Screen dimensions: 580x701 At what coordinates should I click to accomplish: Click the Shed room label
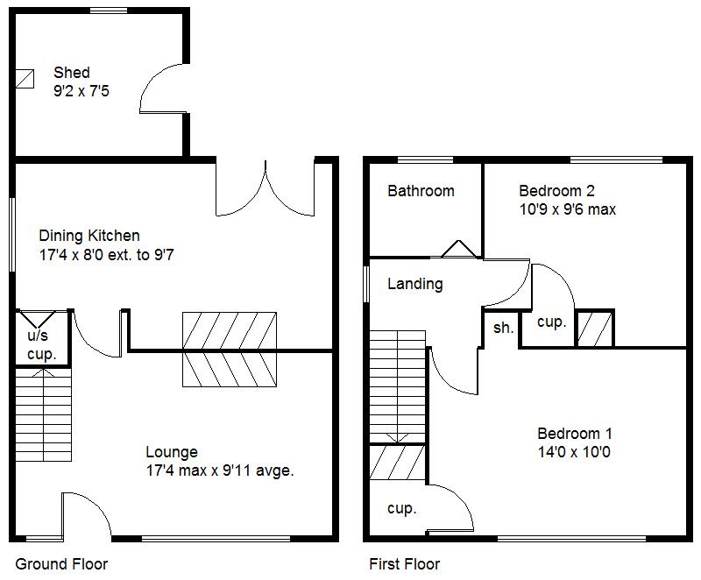[72, 73]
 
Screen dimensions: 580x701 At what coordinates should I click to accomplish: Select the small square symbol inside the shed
[25, 79]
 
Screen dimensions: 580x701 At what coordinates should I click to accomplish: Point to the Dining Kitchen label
[89, 236]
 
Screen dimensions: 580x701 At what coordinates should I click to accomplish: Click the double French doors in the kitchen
[264, 188]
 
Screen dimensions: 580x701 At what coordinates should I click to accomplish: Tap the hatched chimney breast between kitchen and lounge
[230, 349]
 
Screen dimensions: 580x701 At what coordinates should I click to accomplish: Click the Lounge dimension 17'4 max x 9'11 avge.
[219, 470]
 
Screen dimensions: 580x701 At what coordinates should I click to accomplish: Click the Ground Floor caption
[61, 563]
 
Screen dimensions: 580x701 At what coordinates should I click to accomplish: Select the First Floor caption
[404, 563]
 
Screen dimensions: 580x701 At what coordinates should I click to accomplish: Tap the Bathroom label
[421, 190]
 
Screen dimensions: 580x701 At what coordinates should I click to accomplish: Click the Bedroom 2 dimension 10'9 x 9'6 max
[567, 209]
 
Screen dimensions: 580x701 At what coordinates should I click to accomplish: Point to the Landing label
[414, 284]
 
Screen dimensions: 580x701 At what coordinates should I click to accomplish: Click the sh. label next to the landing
[503, 328]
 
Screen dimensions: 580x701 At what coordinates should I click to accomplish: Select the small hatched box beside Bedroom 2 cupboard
[595, 329]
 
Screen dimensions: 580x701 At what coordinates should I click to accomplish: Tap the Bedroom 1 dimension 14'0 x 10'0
[574, 452]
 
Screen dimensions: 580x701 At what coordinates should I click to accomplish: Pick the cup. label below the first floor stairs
[401, 508]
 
